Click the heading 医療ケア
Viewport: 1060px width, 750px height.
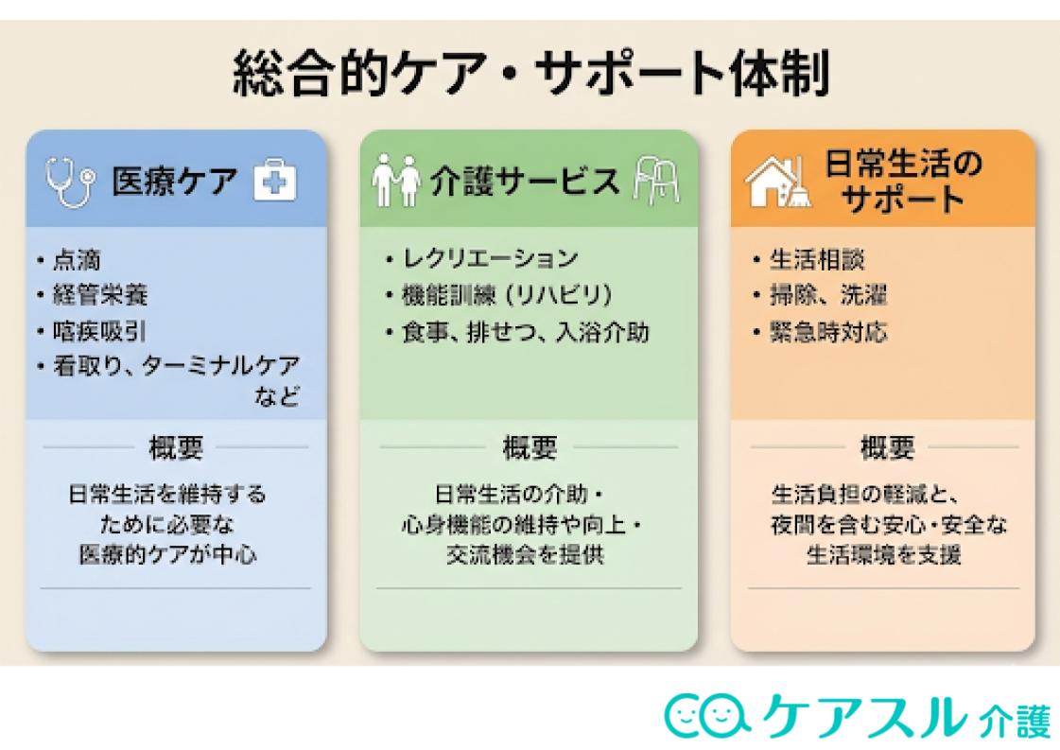click(175, 182)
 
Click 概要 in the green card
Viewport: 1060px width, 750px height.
click(530, 446)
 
